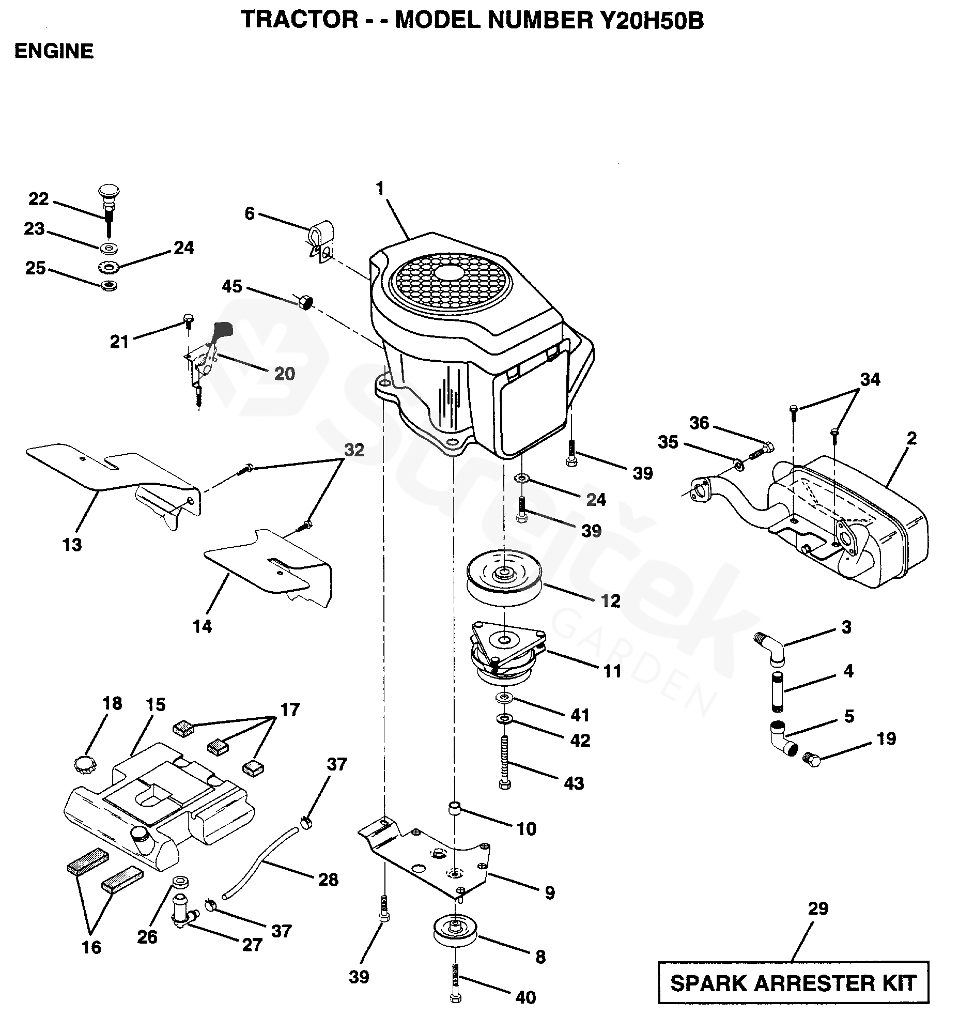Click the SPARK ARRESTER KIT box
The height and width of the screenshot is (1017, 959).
793,982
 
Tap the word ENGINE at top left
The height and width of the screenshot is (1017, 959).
54,52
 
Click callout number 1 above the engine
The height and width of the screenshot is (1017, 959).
380,189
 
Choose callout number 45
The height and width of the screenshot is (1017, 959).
232,286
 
